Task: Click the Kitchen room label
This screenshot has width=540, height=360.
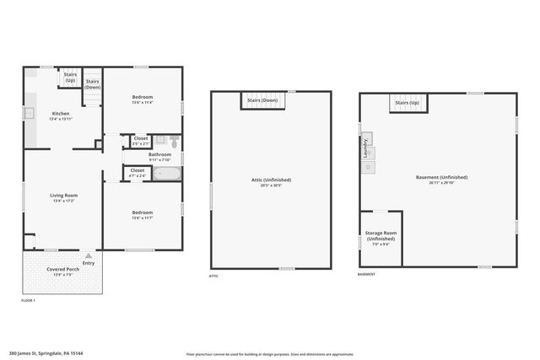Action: coord(61,113)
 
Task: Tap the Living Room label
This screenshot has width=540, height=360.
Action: coord(64,195)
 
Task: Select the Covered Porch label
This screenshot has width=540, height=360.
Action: coord(63,270)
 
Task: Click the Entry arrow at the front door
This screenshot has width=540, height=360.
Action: coord(89,255)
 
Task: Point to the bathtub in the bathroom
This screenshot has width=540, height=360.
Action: coord(166,174)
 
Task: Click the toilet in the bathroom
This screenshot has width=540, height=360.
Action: coord(173,141)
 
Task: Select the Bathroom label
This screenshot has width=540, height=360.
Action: coord(159,154)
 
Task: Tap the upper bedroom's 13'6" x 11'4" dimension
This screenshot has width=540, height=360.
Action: coord(142,103)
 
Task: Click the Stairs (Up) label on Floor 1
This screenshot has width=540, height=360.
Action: coord(70,77)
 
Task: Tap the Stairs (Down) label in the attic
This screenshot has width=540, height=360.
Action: coord(262,100)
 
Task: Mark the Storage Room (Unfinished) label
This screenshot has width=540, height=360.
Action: coord(380,235)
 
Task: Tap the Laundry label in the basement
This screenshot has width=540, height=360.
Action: coord(365,148)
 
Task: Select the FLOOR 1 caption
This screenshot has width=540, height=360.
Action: coord(28,300)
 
